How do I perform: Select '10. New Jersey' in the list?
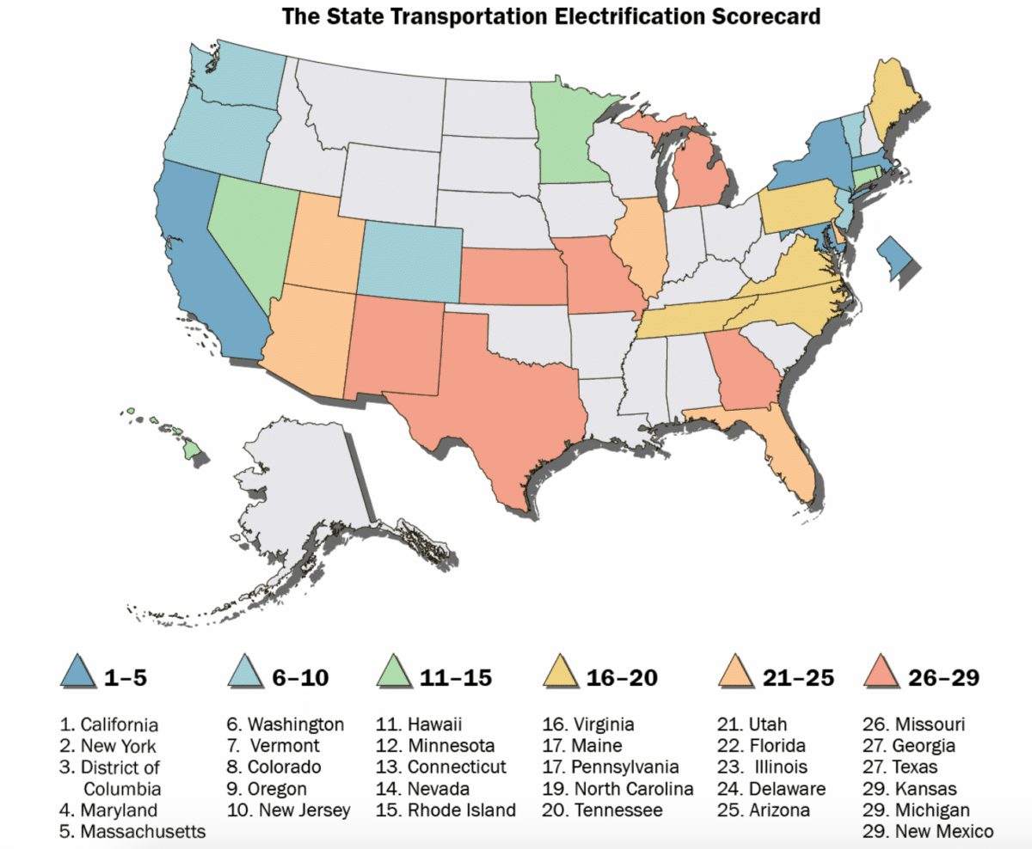click(x=289, y=810)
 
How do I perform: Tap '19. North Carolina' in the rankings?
click(x=617, y=789)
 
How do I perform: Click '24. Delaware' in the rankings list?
click(x=771, y=789)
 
